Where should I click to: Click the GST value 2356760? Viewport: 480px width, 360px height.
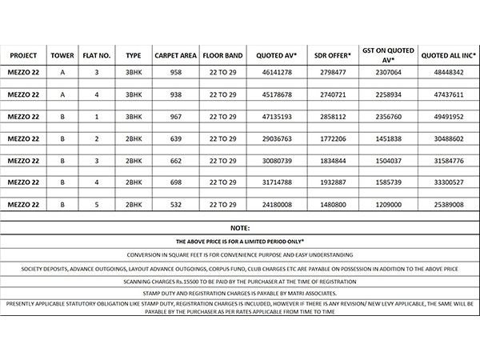pos(388,117)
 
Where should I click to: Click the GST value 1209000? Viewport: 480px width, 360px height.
pos(388,205)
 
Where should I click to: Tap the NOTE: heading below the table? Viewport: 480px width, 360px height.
pos(239,228)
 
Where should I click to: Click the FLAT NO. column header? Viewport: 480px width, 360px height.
pos(97,56)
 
